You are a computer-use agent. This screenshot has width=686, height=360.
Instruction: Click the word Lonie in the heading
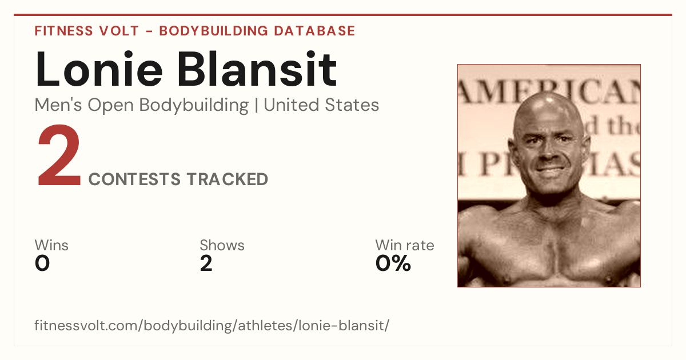click(99, 69)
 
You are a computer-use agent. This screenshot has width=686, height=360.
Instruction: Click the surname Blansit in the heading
click(257, 69)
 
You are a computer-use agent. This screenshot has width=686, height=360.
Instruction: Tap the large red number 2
click(59, 155)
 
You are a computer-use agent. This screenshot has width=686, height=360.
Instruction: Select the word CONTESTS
click(134, 179)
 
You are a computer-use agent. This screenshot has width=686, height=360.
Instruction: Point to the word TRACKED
click(228, 179)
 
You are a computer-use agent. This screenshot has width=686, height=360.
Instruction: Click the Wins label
click(51, 245)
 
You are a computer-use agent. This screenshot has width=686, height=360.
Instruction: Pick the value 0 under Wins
click(42, 263)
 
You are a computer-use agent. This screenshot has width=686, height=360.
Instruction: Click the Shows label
click(222, 245)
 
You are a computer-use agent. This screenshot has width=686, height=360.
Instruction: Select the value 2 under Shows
click(206, 263)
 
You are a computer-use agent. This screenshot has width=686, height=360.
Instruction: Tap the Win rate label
click(405, 245)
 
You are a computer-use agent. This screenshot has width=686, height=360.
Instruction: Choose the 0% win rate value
click(393, 263)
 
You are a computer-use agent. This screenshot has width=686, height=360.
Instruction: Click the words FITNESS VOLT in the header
click(87, 31)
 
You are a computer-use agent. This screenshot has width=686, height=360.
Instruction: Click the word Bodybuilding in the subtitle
click(194, 105)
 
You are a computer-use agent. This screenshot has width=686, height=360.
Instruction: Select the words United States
click(321, 105)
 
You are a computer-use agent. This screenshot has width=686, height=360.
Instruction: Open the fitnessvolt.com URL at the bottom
click(212, 325)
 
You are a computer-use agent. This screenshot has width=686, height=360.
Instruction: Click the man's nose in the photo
click(548, 151)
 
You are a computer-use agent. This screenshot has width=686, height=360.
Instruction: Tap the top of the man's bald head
click(548, 95)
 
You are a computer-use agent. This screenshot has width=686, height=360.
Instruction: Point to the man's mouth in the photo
click(551, 169)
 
